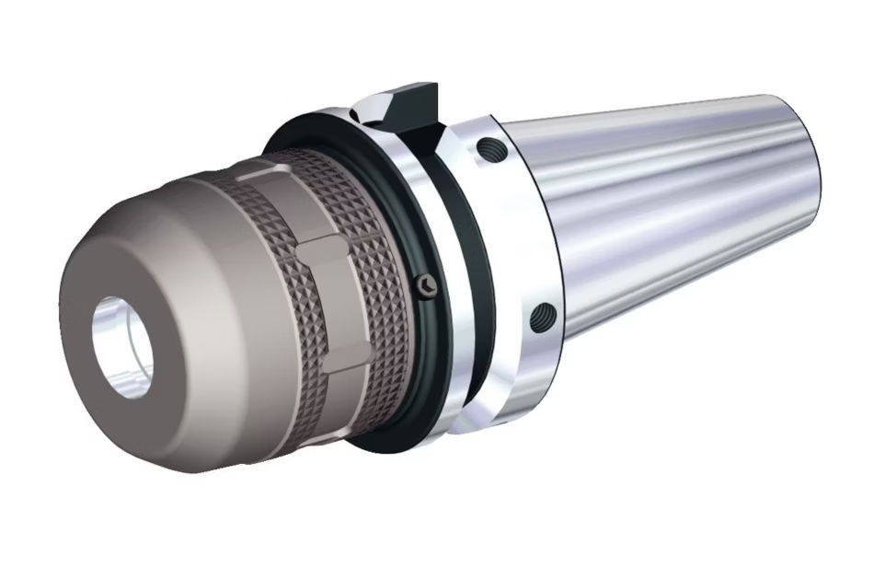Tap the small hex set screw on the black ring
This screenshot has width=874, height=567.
pos(424,286)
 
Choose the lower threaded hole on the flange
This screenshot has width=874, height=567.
pos(543,318)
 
